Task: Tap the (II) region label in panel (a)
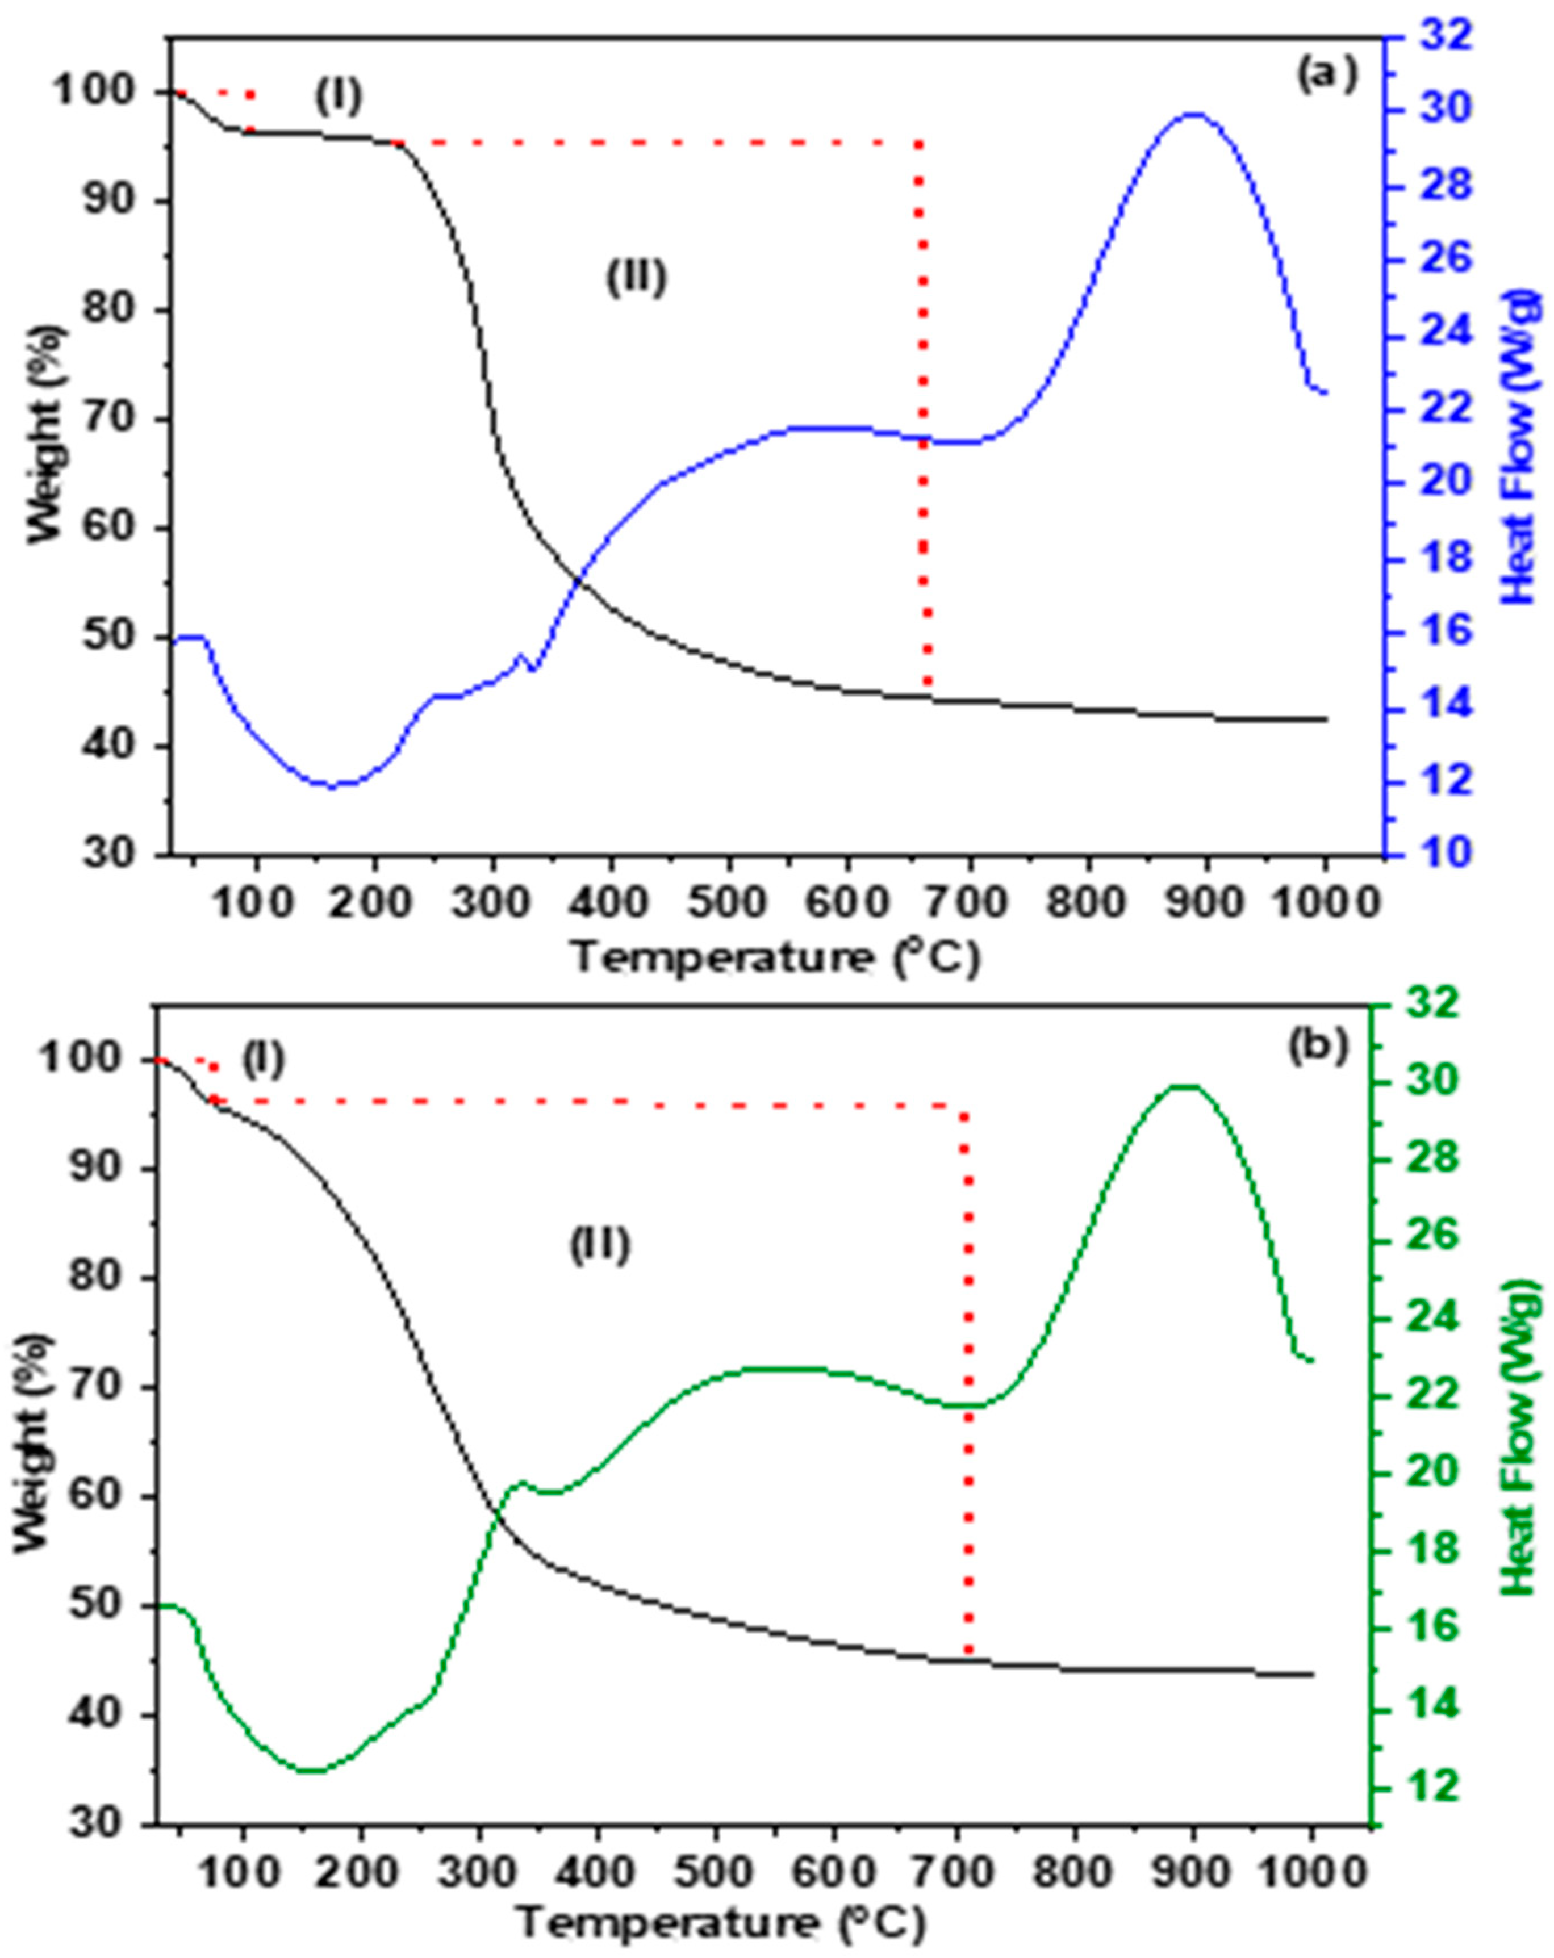click(x=636, y=277)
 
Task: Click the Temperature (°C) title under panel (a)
click(x=776, y=958)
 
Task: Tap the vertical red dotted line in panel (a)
click(x=923, y=409)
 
